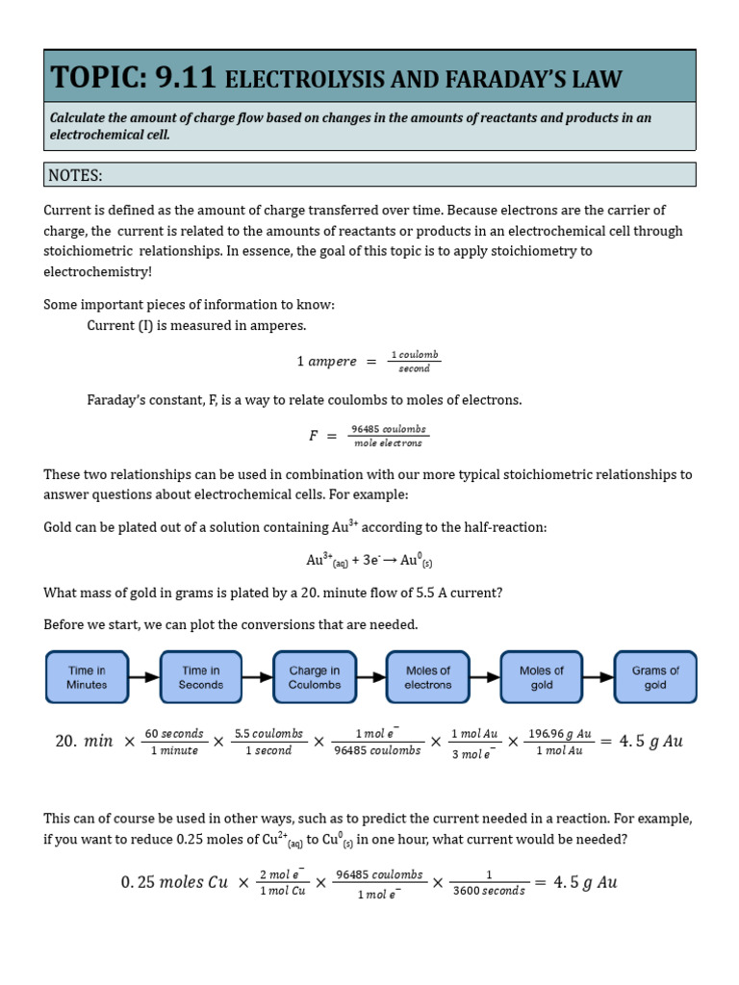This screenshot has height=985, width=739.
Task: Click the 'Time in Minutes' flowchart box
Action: pyautogui.click(x=87, y=677)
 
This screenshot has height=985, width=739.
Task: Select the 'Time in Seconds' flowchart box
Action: pyautogui.click(x=200, y=677)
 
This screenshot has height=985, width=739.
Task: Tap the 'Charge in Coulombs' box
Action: pyautogui.click(x=315, y=677)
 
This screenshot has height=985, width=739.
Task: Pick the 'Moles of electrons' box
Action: pyautogui.click(x=428, y=677)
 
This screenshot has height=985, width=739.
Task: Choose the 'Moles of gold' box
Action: pyautogui.click(x=542, y=677)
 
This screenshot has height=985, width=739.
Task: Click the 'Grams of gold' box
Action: pyautogui.click(x=655, y=677)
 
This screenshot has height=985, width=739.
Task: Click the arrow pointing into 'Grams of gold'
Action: pyautogui.click(x=599, y=677)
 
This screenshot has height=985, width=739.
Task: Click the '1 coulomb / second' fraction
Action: pyautogui.click(x=414, y=362)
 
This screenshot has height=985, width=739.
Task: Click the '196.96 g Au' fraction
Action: pyautogui.click(x=559, y=742)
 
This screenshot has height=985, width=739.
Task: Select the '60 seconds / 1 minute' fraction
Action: pyautogui.click(x=175, y=742)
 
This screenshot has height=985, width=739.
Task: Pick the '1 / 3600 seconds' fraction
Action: pyautogui.click(x=489, y=883)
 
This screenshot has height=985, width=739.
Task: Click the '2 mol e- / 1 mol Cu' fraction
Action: pyautogui.click(x=283, y=883)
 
